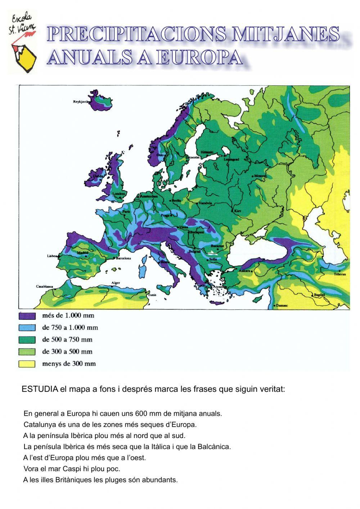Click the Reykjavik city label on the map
81,102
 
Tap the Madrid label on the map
82,253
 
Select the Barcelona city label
123,258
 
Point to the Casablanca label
45,286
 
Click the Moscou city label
260,175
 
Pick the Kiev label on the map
238,210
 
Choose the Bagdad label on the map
319,295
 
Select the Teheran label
339,274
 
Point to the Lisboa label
52,256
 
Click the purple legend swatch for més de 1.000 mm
27,316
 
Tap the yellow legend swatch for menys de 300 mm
27,364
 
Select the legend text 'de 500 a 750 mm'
67,340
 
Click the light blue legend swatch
27,328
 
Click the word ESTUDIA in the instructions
40,389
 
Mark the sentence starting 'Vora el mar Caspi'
72,469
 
